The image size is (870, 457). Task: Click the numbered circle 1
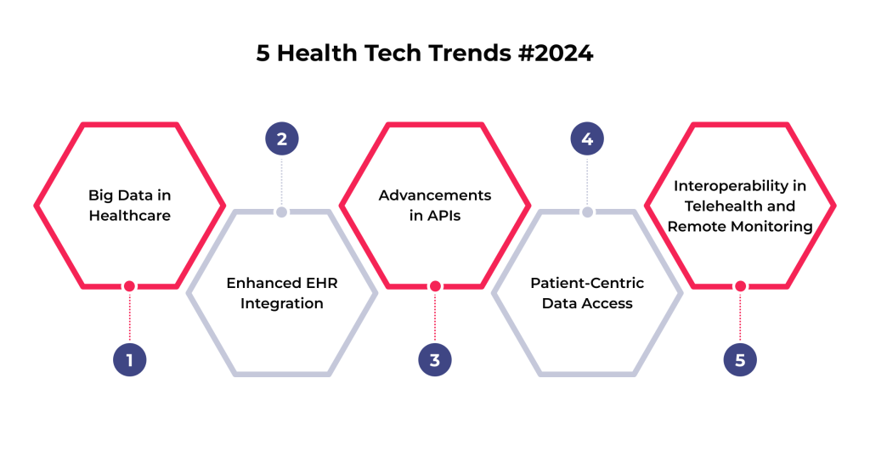[x=130, y=360]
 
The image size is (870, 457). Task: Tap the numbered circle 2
[x=282, y=138]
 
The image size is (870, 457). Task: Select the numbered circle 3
[x=435, y=360]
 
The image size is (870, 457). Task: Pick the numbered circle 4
[x=587, y=138]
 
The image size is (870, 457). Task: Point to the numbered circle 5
[x=740, y=360]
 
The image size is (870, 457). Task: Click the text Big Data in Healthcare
[x=130, y=206]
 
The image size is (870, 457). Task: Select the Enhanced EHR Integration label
[x=282, y=293]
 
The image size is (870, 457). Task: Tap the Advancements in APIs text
[x=435, y=206]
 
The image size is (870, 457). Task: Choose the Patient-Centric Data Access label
[x=587, y=293]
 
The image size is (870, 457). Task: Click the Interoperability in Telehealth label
[x=740, y=206]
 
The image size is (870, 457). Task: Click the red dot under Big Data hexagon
[x=129, y=286]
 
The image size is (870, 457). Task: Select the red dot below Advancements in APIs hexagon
[x=435, y=286]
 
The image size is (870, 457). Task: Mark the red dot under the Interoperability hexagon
[x=740, y=286]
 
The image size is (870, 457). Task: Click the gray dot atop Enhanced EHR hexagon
[x=282, y=212]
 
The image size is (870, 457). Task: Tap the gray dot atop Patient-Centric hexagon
[x=588, y=212]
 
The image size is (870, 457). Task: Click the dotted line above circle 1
[x=130, y=317]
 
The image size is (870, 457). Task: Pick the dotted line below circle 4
[x=587, y=181]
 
